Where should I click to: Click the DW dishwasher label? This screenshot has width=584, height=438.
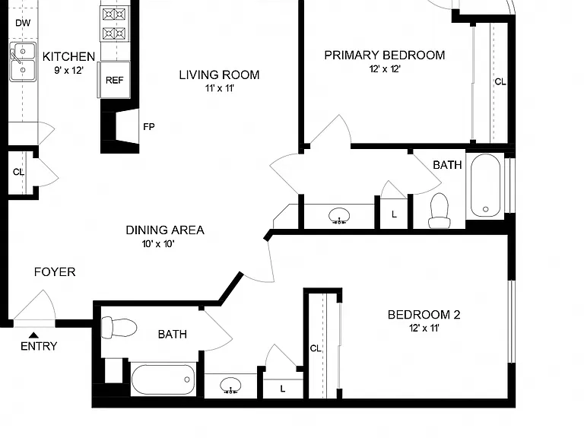(x=23, y=23)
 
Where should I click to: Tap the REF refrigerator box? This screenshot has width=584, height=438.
(x=114, y=80)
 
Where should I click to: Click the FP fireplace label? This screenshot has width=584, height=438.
(x=148, y=127)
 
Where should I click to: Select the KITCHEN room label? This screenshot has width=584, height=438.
(x=69, y=56)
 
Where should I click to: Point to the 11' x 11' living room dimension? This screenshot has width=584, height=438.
(x=220, y=88)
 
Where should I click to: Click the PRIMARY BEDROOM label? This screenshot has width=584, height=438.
(x=385, y=55)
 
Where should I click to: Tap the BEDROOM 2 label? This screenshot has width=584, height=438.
(x=424, y=315)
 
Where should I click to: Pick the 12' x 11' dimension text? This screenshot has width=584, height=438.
(x=424, y=328)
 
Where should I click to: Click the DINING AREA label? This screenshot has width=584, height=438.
(x=165, y=230)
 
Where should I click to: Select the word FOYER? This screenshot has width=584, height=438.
(x=55, y=272)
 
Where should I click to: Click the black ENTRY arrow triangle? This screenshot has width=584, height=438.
(x=33, y=335)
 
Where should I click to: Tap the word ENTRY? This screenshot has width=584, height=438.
(x=39, y=346)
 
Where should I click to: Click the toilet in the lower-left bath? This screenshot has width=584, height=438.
(x=119, y=328)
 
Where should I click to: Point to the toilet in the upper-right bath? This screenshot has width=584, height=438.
(x=439, y=211)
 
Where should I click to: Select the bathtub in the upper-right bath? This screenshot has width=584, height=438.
(x=486, y=185)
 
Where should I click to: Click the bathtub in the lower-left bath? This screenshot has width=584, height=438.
(x=163, y=379)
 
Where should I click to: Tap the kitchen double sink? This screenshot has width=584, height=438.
(x=23, y=62)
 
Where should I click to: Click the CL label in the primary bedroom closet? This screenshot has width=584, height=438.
(x=500, y=81)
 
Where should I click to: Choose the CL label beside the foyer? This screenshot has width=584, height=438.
(x=18, y=172)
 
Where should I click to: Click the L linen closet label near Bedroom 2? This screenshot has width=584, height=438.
(x=283, y=389)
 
